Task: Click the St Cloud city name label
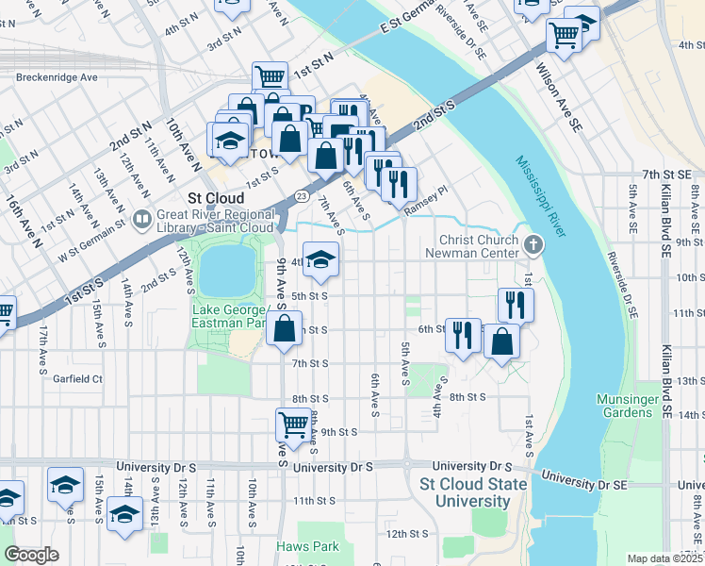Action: pos(217,198)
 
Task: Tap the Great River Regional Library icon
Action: pos(142,220)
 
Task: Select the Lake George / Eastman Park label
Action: pos(231,317)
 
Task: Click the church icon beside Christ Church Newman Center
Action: pos(533,245)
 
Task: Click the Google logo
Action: pos(31,555)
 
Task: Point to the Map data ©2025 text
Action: pos(664,558)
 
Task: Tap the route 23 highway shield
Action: pos(299,195)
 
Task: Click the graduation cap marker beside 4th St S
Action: pos(321,260)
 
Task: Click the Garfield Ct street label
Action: pos(77,378)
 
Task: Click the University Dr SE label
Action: pos(583,482)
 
